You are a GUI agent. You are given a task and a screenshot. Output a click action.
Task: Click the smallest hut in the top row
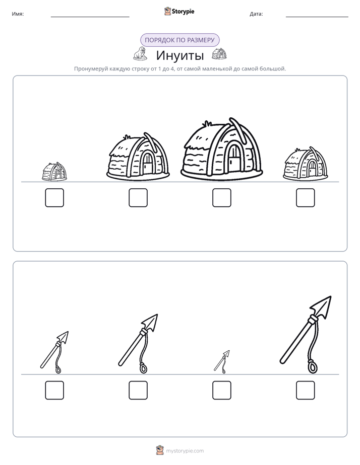[54, 172]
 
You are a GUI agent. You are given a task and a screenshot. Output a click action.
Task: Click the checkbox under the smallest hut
[54, 198]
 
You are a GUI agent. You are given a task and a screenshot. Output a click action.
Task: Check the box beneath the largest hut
[221, 198]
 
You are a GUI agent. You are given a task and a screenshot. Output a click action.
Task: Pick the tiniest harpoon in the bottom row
[222, 362]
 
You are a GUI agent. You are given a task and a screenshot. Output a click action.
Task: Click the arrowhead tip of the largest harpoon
[331, 296]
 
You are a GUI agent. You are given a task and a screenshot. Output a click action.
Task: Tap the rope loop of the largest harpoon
[312, 366]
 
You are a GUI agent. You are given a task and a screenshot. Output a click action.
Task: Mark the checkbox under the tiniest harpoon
[221, 391]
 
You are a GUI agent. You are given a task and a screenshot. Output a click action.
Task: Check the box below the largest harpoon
[306, 391]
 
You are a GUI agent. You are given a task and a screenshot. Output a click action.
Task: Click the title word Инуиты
[180, 55]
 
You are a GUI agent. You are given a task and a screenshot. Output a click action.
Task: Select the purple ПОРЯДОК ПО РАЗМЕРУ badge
[179, 40]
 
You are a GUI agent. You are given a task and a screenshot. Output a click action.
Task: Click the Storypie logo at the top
[179, 12]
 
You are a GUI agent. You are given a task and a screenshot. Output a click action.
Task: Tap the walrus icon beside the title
[140, 53]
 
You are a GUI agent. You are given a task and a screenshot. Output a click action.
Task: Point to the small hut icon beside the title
[219, 54]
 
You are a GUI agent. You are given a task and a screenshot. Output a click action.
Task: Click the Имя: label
[18, 14]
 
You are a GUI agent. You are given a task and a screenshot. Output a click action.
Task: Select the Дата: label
[256, 14]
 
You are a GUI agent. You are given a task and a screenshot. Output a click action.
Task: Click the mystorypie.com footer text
[185, 451]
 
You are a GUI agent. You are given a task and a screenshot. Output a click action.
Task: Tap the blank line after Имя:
[90, 17]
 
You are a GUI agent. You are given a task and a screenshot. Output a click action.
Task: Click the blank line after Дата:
[317, 17]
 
